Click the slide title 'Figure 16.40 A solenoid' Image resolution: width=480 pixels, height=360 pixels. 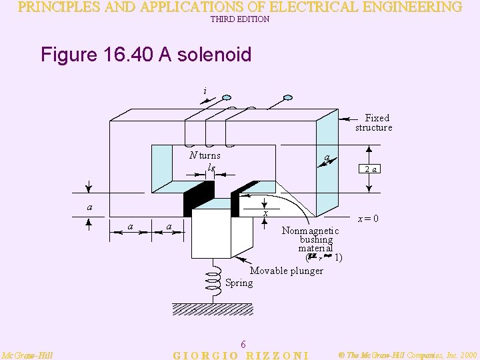145,55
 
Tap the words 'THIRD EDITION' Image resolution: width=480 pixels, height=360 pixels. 240,20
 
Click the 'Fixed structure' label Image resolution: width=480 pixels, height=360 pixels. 375,123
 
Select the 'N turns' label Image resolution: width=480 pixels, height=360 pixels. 205,155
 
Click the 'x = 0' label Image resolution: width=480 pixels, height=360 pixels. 368,219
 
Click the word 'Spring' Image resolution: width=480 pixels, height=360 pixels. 239,283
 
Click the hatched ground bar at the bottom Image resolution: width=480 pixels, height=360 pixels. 214,309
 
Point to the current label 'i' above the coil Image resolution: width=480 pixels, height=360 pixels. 205,91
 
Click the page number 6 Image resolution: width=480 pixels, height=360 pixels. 243,344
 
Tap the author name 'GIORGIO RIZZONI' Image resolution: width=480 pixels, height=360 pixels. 241,355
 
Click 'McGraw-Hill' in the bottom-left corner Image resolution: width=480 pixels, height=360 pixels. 27,355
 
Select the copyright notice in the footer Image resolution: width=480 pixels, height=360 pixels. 407,355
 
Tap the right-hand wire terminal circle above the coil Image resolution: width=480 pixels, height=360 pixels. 287,99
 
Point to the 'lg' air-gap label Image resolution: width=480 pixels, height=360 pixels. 211,167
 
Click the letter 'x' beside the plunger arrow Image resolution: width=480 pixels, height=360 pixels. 265,213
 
